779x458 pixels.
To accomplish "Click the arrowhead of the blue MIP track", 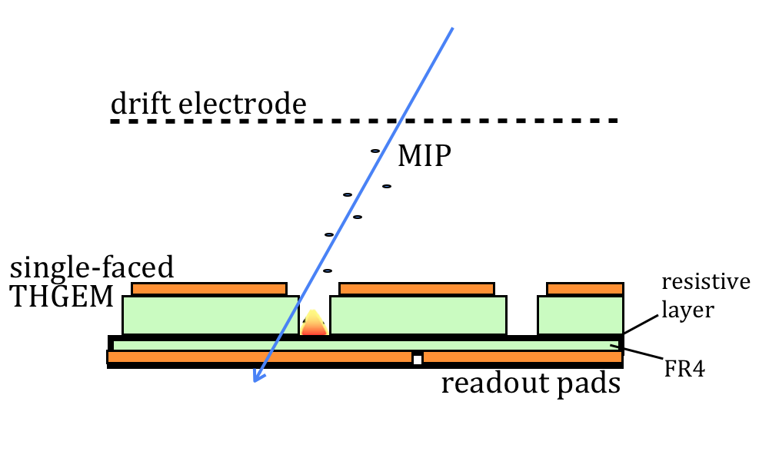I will pos(259,376).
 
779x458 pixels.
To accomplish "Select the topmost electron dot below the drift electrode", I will pos(375,151).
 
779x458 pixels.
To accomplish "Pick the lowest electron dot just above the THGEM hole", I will pos(327,270).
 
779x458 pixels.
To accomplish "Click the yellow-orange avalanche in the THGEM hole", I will pos(314,324).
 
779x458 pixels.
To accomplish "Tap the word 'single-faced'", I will pos(92,269).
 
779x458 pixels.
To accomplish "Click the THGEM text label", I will pos(62,297).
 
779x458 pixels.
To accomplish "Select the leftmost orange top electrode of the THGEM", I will pos(209,289).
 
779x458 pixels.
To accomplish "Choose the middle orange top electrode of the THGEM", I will pos(417,289).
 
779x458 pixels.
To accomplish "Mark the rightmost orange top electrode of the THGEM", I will pos(585,289).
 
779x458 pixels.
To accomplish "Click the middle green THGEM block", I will pos(418,315).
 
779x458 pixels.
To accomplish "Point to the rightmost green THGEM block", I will pos(581,315).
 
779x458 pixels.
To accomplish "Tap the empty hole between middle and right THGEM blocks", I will pos(522,315).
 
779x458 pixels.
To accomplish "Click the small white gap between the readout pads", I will pos(418,358).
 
